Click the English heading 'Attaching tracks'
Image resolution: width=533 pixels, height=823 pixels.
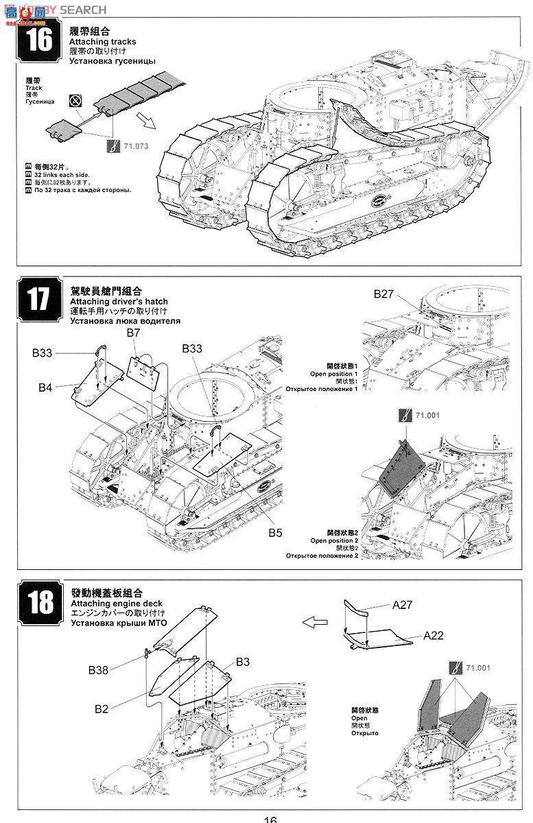(102, 42)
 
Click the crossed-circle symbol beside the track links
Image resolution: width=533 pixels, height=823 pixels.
(75, 101)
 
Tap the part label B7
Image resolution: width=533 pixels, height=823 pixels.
(133, 333)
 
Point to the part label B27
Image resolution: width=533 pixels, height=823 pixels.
(384, 294)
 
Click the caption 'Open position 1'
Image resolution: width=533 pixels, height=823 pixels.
(333, 374)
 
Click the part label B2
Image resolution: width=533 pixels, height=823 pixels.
(102, 708)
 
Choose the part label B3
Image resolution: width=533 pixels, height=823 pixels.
(243, 661)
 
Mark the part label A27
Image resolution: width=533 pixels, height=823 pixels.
(403, 605)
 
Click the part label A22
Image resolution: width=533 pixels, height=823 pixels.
(434, 635)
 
